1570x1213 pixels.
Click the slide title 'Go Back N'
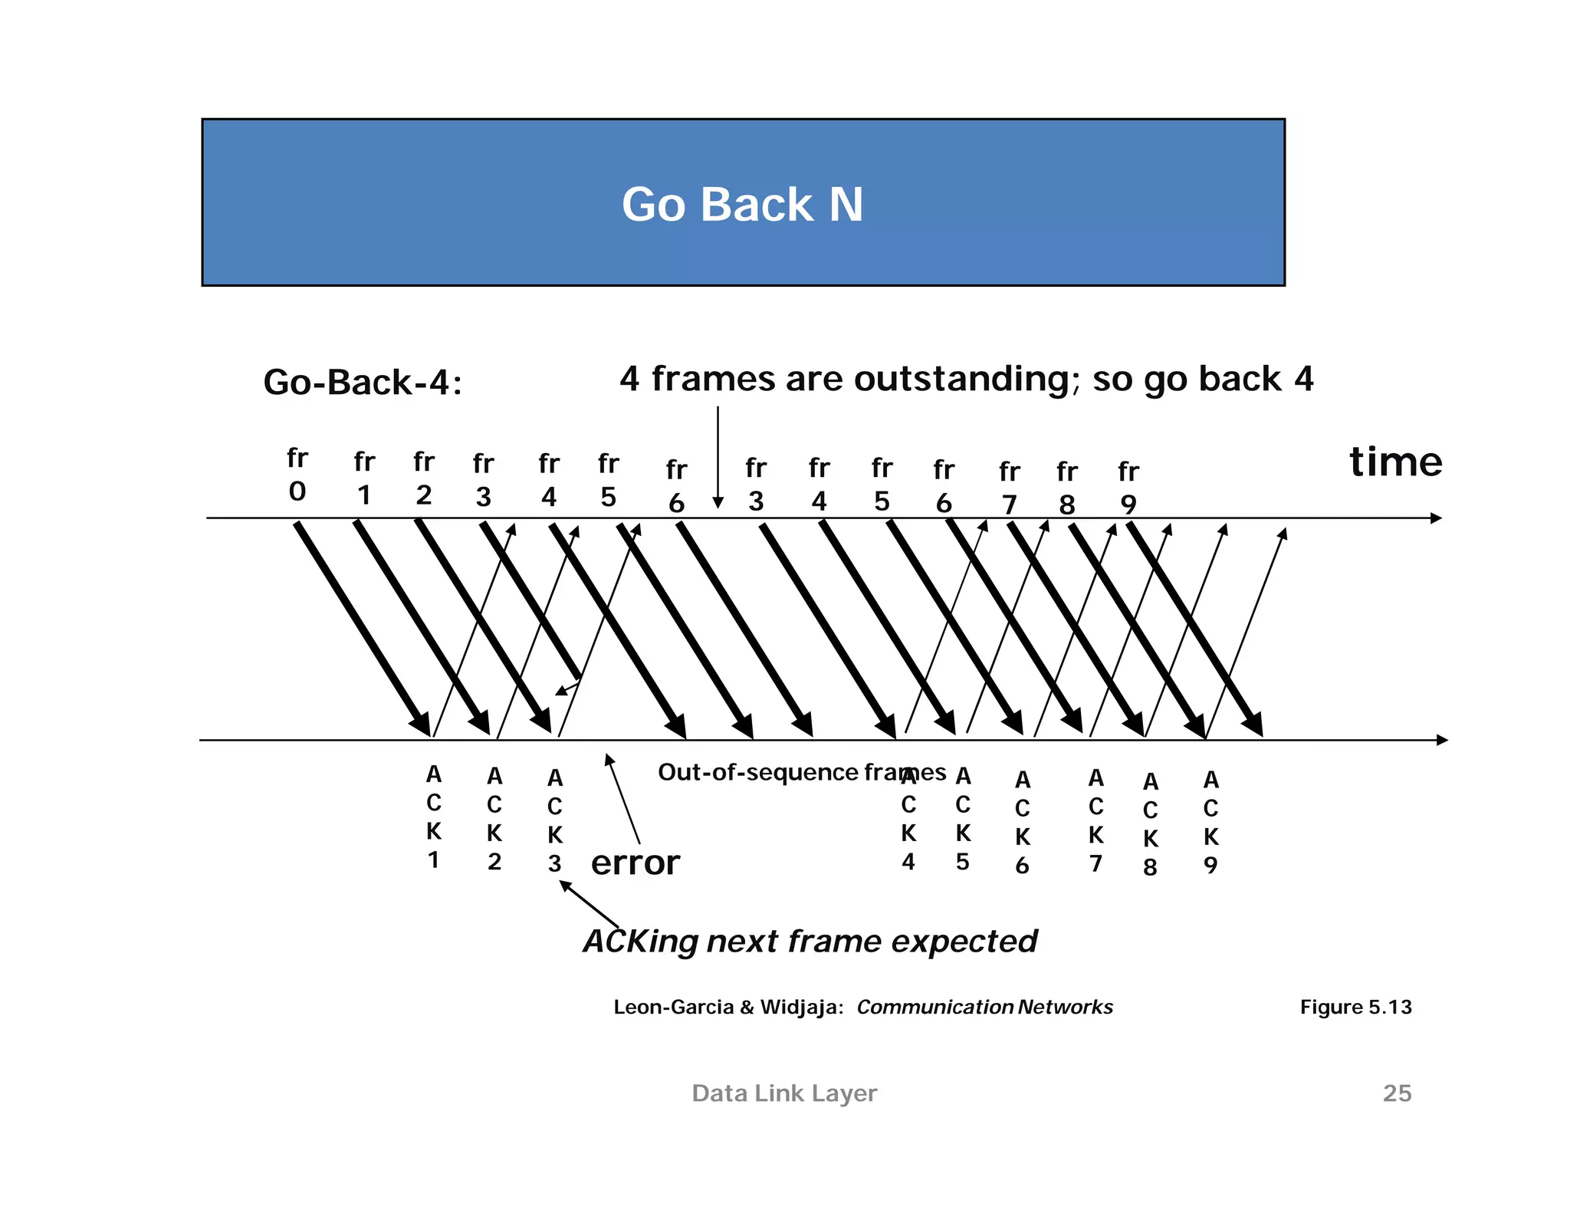pyautogui.click(x=742, y=205)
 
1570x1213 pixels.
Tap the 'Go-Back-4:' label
pyautogui.click(x=363, y=382)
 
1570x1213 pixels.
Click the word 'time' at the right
pyautogui.click(x=1395, y=462)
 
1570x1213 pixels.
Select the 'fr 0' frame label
pyautogui.click(x=297, y=475)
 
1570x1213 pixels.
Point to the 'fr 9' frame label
pyautogui.click(x=1128, y=488)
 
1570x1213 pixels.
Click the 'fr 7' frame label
pyautogui.click(x=1010, y=488)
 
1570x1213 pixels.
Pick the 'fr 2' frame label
pyautogui.click(x=424, y=478)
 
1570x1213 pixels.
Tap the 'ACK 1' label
pyautogui.click(x=434, y=817)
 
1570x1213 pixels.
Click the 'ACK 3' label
pyautogui.click(x=555, y=821)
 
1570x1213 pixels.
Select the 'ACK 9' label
pyautogui.click(x=1210, y=823)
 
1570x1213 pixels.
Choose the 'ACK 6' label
pyautogui.click(x=1023, y=823)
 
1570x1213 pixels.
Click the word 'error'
pyautogui.click(x=635, y=863)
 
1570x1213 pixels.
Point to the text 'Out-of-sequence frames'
pyautogui.click(x=802, y=772)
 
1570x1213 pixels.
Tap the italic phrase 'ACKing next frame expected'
pyautogui.click(x=810, y=941)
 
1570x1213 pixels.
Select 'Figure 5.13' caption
pyautogui.click(x=1355, y=1007)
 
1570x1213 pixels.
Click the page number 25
pyautogui.click(x=1397, y=1093)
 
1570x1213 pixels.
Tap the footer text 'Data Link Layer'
pyautogui.click(x=784, y=1093)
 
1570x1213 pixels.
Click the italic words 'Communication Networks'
pyautogui.click(x=984, y=1007)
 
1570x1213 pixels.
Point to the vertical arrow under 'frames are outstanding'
pyautogui.click(x=718, y=457)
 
